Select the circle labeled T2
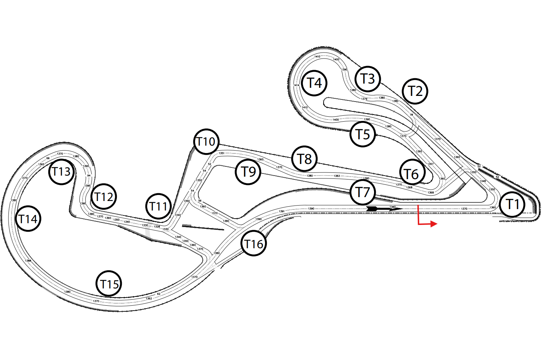415,91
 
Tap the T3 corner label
367,79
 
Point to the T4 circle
314,83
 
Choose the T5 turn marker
362,134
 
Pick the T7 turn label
362,192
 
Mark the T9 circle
248,172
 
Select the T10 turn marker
206,141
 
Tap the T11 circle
158,206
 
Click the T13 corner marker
61,172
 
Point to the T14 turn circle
28,219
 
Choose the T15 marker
109,284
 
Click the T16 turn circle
253,244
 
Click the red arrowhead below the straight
434,224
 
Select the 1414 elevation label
296,85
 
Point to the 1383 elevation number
337,176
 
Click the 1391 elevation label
282,211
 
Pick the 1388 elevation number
28,261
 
